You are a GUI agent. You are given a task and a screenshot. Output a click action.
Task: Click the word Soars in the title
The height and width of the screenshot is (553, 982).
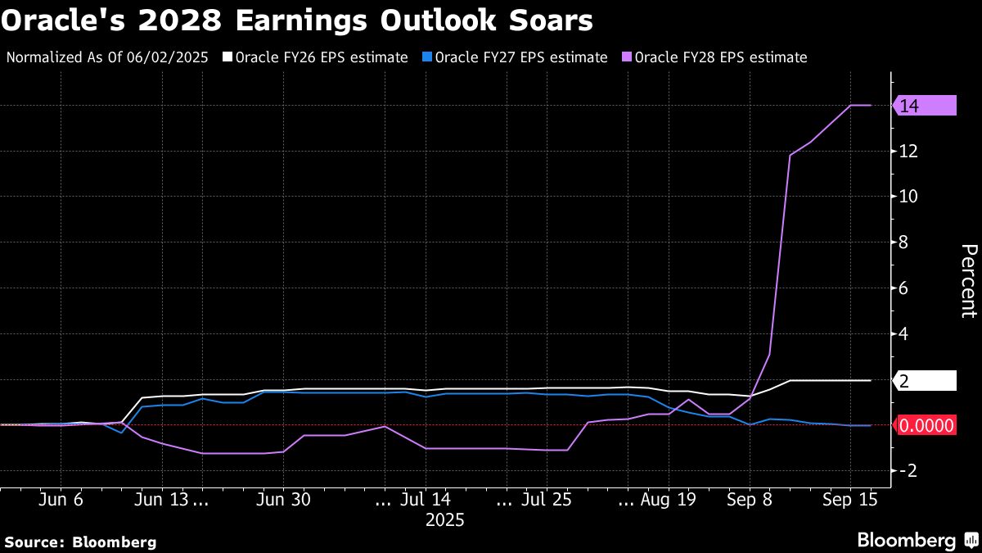(x=553, y=20)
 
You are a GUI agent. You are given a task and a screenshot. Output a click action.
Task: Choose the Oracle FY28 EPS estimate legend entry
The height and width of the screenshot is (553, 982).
(x=721, y=57)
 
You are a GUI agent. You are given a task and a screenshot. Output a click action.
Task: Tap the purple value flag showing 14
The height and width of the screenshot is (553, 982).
(x=926, y=105)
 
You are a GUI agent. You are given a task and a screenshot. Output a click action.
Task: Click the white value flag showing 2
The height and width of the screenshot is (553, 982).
(x=926, y=380)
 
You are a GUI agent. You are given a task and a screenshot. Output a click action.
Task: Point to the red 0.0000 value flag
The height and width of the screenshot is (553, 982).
(x=926, y=425)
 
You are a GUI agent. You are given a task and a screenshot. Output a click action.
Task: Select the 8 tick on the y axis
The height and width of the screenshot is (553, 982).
(x=905, y=243)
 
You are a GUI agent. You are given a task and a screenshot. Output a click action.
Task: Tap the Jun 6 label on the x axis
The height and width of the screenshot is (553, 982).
(x=61, y=500)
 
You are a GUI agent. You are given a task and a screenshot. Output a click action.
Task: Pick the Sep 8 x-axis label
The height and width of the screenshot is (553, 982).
(x=750, y=500)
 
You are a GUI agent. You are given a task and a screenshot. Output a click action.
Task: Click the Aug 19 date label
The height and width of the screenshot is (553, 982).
(x=669, y=500)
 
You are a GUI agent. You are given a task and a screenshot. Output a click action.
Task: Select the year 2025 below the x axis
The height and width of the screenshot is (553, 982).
(x=444, y=520)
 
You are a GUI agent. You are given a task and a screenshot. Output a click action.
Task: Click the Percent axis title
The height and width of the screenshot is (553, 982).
(x=969, y=280)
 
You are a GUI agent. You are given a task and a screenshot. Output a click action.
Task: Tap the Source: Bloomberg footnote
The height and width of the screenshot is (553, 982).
(x=80, y=542)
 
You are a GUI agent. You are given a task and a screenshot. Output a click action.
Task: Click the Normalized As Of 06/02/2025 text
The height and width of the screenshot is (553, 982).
(x=107, y=57)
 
